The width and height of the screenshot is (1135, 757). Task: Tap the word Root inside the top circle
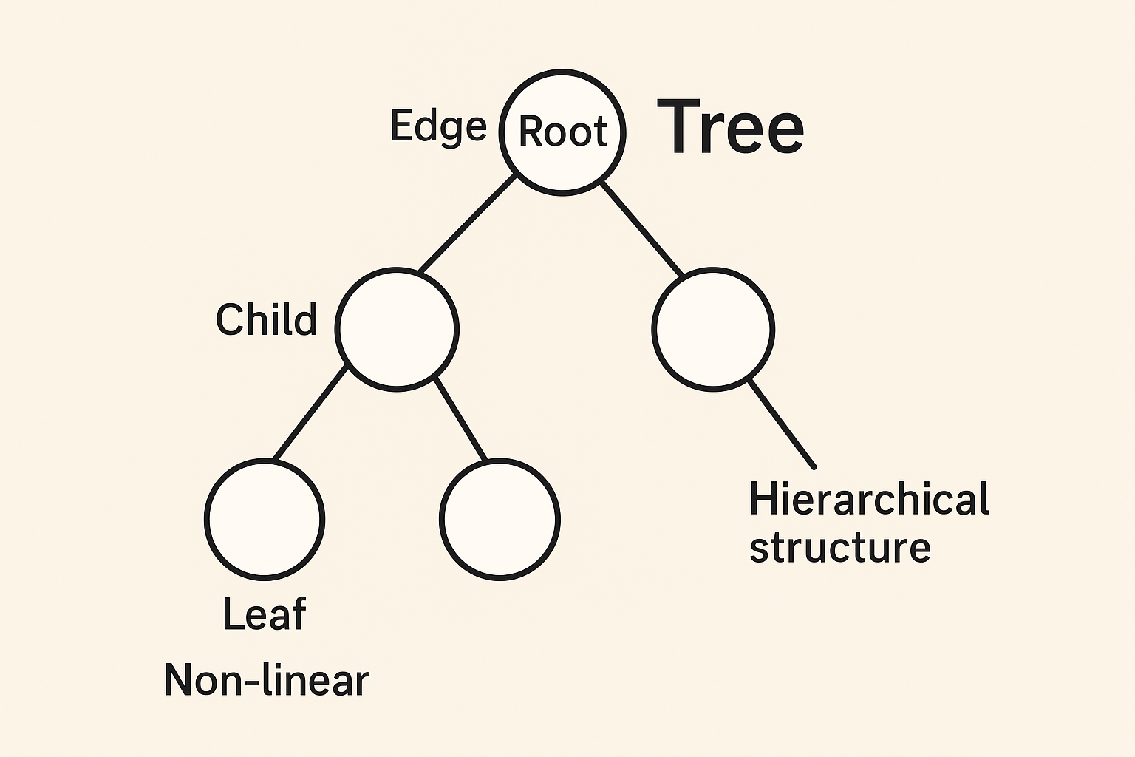pos(563,132)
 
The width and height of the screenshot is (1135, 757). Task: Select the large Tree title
pos(730,127)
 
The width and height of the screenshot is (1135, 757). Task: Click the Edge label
pos(438,127)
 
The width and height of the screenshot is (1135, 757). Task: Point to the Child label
pos(266,319)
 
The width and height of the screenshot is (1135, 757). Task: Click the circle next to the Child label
pos(397,328)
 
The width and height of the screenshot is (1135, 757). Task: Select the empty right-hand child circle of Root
pos(713,328)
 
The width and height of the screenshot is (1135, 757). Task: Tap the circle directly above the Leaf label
pos(264,519)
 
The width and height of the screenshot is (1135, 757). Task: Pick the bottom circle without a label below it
pos(500,519)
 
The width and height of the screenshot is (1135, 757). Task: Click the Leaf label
pos(264,614)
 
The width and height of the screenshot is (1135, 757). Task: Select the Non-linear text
pos(266,680)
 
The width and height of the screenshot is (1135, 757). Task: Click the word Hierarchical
pos(869,499)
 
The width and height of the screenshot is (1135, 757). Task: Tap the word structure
pos(839,548)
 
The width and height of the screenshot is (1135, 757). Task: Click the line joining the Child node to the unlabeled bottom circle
pos(460,418)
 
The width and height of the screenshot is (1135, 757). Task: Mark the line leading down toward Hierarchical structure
pos(782,424)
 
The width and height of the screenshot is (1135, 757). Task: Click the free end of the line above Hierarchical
pos(813,466)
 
